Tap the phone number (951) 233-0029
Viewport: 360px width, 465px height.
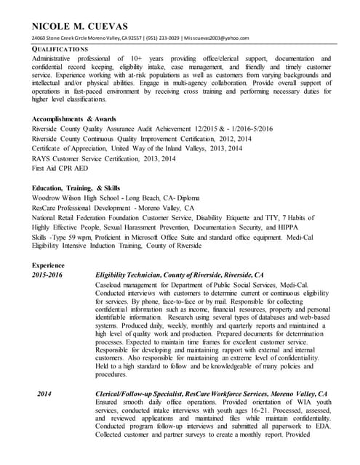[160, 38]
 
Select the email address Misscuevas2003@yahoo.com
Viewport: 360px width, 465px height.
[217, 38]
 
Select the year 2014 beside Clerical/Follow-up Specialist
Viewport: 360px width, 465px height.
[44, 393]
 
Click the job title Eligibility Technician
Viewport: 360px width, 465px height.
[135, 275]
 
